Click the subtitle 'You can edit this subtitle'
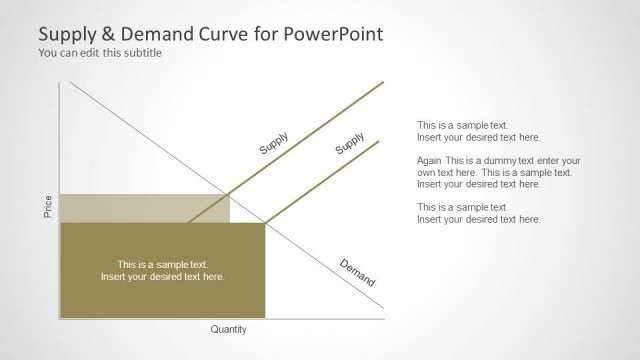[99, 53]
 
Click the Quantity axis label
[229, 329]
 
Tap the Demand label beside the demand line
[357, 272]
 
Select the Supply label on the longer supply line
[274, 143]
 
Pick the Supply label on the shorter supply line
[349, 143]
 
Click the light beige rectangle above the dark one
[144, 208]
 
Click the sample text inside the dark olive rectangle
[163, 270]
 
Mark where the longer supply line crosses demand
[229, 193]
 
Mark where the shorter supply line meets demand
[265, 222]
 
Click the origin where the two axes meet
[61, 320]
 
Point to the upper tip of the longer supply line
[383, 81]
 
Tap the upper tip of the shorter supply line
[380, 140]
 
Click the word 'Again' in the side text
[429, 160]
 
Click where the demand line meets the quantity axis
[384, 319]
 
